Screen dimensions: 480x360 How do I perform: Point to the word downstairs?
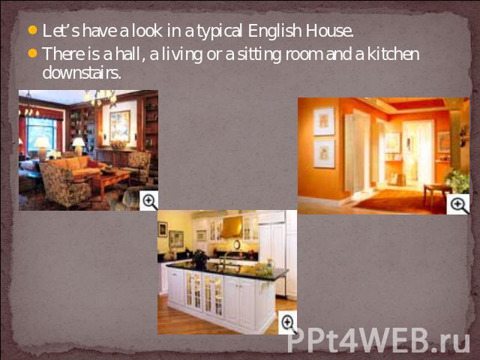point(82,73)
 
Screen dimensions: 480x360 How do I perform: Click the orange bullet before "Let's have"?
point(32,30)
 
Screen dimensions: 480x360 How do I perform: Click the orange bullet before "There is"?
point(32,53)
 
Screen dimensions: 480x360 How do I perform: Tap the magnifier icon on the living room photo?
point(149,201)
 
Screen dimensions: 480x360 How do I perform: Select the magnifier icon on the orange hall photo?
point(458,205)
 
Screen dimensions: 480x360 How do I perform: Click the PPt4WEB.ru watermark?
point(378,340)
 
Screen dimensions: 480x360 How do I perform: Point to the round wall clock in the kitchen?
point(237,244)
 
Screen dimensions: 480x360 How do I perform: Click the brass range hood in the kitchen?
point(232,227)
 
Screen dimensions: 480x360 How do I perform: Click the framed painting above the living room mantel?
point(120,126)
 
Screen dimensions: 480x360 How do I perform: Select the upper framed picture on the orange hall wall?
point(324,121)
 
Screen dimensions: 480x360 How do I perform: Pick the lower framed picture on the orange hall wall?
point(324,153)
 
